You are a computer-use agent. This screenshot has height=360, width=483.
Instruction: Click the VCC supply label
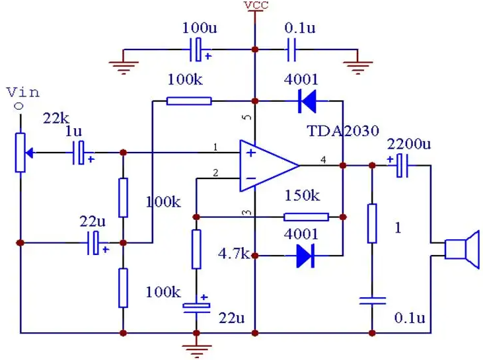coord(256,5)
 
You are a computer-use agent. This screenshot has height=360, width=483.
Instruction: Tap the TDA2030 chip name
coord(343,131)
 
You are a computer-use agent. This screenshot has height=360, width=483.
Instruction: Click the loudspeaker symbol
coord(462,249)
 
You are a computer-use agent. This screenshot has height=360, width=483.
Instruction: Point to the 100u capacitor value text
coord(200,28)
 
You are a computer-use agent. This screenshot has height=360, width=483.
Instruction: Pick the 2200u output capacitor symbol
coord(402,166)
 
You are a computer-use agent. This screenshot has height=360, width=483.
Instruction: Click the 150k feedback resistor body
coord(306,217)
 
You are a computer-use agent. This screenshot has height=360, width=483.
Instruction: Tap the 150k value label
coord(302,196)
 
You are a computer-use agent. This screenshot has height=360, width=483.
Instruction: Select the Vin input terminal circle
coord(19,106)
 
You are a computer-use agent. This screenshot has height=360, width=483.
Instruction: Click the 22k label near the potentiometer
coord(56,118)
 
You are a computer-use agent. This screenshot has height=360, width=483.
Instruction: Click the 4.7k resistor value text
coord(234,254)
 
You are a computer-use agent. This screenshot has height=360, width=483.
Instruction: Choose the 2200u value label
coord(409,144)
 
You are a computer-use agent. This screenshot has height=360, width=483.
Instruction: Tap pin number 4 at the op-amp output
coord(323,160)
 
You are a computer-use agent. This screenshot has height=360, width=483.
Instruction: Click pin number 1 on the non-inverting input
coord(215,147)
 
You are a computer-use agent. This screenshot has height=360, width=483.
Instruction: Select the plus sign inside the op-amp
coord(251,153)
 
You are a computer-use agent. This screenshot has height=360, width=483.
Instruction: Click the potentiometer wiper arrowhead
coord(29,153)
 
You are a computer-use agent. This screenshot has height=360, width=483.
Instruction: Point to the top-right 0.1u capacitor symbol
coord(291,50)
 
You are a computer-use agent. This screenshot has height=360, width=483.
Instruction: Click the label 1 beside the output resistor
coord(398,228)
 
